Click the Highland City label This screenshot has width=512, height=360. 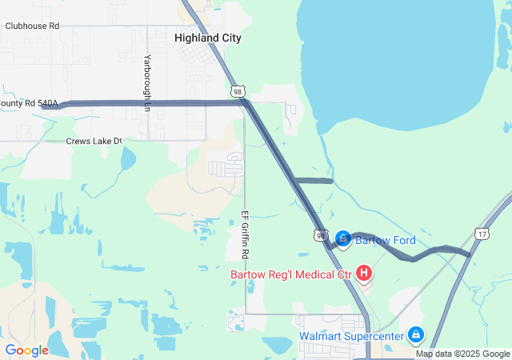(x=208, y=38)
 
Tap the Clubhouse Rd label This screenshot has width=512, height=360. (x=32, y=26)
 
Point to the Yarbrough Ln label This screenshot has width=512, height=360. (x=147, y=77)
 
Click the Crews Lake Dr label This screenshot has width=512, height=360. (x=94, y=141)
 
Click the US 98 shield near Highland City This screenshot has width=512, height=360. (x=238, y=92)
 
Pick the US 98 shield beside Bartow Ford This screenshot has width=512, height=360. (x=320, y=235)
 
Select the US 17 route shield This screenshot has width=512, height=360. (x=481, y=234)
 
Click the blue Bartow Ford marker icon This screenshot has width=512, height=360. (x=342, y=238)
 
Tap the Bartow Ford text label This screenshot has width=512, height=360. (x=386, y=241)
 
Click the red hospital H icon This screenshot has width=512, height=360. (x=364, y=274)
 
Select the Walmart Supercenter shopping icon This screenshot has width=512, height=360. (x=415, y=334)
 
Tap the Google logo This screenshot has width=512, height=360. (x=26, y=350)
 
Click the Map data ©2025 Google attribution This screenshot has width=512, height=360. (x=462, y=354)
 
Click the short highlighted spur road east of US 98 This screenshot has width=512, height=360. (x=314, y=181)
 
